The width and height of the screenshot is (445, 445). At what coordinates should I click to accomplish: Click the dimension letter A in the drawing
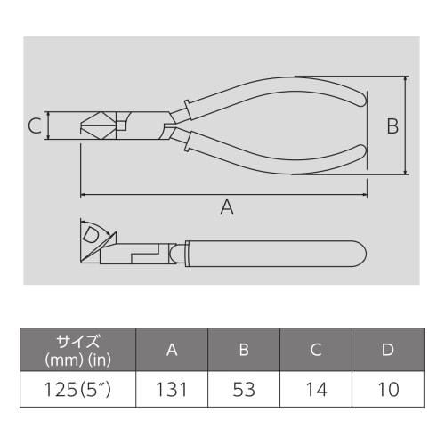tap(227, 207)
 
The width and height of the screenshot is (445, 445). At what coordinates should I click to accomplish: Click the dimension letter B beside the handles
tap(392, 126)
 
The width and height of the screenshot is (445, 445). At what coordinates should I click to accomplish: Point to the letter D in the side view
tap(91, 236)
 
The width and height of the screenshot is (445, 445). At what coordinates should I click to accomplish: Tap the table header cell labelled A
tap(172, 350)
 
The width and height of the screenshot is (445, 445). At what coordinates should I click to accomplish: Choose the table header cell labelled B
tap(244, 350)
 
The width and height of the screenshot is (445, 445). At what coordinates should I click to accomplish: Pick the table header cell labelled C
tap(316, 350)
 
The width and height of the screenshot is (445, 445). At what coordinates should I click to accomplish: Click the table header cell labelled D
tap(387, 350)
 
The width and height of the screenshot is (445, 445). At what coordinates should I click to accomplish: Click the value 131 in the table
tap(172, 390)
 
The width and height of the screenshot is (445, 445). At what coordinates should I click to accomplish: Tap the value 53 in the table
tap(244, 390)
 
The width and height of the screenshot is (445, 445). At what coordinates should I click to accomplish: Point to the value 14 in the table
tap(316, 390)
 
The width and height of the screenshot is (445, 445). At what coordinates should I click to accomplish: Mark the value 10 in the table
tap(387, 390)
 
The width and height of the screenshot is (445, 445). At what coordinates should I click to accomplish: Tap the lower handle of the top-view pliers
tap(285, 151)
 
